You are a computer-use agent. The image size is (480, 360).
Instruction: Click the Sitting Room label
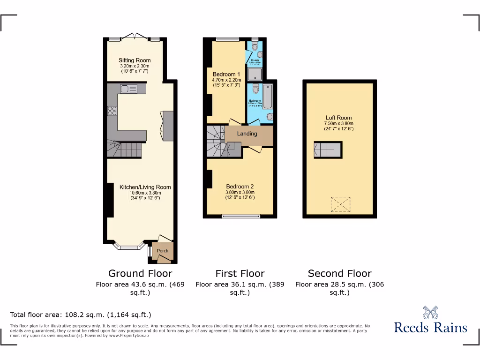[135, 60]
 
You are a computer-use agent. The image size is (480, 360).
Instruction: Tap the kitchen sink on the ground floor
[127, 89]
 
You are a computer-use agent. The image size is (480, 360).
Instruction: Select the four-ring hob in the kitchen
[112, 111]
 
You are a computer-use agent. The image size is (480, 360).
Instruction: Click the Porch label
[163, 251]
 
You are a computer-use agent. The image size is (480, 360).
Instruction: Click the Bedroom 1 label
[226, 75]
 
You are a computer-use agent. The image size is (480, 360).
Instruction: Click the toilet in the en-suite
[255, 46]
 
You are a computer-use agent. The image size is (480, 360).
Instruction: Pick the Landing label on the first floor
[247, 134]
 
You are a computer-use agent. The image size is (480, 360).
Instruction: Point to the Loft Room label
[339, 118]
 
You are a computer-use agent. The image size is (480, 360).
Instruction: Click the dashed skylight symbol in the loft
[341, 204]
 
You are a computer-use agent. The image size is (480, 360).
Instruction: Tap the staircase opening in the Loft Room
[328, 150]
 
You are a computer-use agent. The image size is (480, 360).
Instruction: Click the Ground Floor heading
[140, 273]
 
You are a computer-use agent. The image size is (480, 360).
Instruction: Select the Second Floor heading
[340, 273]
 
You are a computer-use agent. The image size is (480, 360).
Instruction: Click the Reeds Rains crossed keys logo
[430, 312]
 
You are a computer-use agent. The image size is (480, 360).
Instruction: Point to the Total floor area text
[81, 315]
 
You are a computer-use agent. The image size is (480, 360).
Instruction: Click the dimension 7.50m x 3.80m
[339, 124]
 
